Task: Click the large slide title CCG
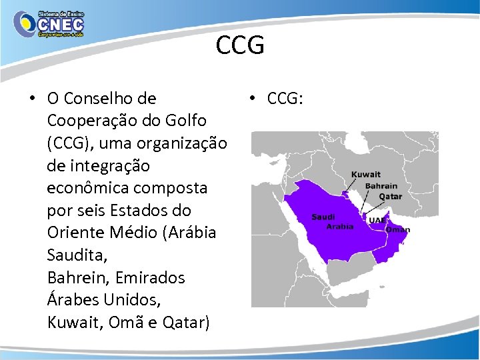point(240,46)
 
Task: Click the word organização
point(181,143)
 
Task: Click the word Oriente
point(75,233)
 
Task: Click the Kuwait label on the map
point(366,175)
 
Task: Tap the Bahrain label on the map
point(381,186)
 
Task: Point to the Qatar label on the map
point(390,197)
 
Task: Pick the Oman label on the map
point(397,229)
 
